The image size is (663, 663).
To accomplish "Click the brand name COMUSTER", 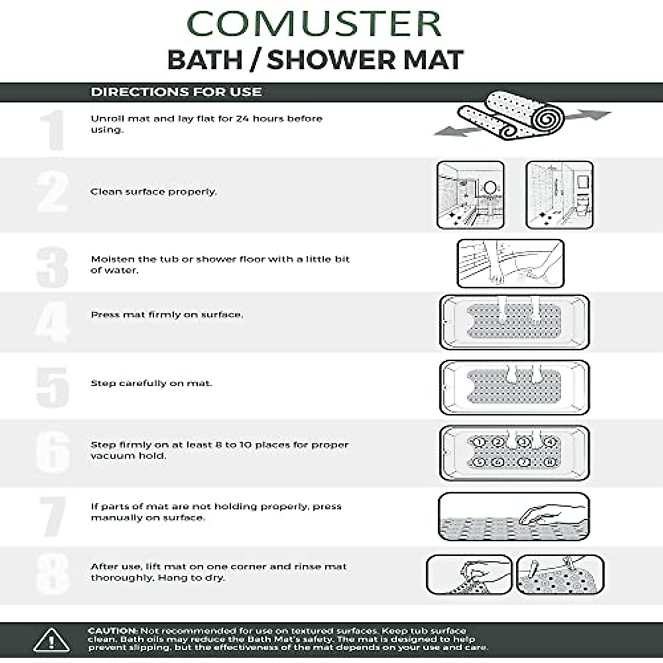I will (x=315, y=24).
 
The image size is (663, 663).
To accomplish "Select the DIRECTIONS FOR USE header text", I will (x=176, y=92).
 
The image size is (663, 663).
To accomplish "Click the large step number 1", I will (x=53, y=130).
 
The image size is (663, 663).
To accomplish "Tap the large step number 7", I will (x=53, y=517).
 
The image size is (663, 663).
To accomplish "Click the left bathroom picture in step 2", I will (x=470, y=195).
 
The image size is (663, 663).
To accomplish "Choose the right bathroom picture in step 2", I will (x=559, y=195).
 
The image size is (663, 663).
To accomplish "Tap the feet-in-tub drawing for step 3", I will (x=510, y=263).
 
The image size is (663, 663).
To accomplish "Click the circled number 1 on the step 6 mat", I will (x=480, y=442).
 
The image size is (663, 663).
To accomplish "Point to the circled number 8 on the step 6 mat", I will (x=549, y=462).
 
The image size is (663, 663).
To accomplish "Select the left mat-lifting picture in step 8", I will (x=469, y=575).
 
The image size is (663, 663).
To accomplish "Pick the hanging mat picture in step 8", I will (x=560, y=575).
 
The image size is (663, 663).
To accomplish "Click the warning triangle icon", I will (x=51, y=639).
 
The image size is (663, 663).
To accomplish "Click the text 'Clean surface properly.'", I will (x=154, y=192).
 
